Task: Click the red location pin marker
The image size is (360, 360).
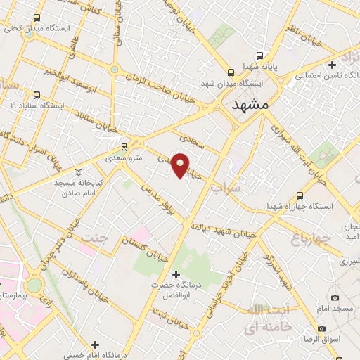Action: pyautogui.click(x=181, y=165)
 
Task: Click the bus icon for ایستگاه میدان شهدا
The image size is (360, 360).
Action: pyautogui.click(x=231, y=72)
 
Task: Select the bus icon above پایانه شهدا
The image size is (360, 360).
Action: pyautogui.click(x=261, y=56)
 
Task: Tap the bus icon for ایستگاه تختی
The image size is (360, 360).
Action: pyautogui.click(x=37, y=18)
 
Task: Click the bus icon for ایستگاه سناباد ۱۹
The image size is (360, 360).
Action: pyautogui.click(x=37, y=95)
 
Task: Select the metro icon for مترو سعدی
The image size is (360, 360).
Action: pyautogui.click(x=124, y=146)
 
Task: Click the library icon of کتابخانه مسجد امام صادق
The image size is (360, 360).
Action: pyautogui.click(x=78, y=172)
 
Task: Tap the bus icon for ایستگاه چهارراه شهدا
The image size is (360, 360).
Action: pyautogui.click(x=300, y=196)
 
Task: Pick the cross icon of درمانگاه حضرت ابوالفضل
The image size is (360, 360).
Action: pyautogui.click(x=176, y=274)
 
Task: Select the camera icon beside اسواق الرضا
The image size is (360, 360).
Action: pyautogui.click(x=321, y=328)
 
